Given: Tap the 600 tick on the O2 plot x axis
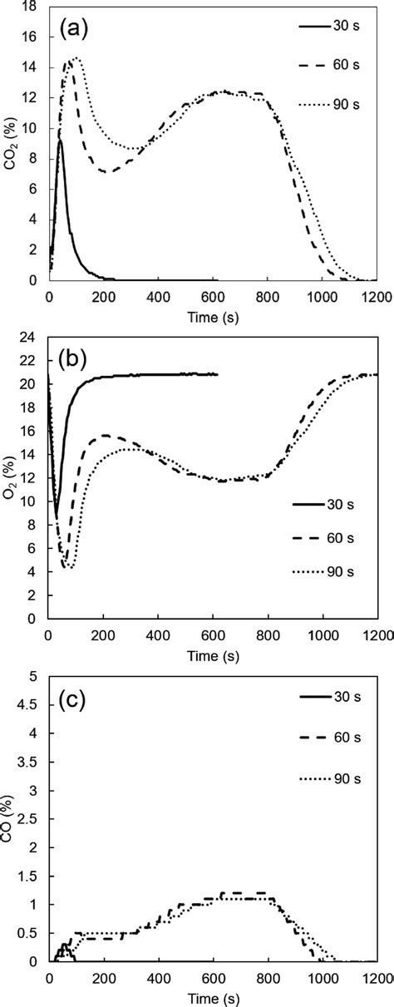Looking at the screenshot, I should [x=213, y=636].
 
